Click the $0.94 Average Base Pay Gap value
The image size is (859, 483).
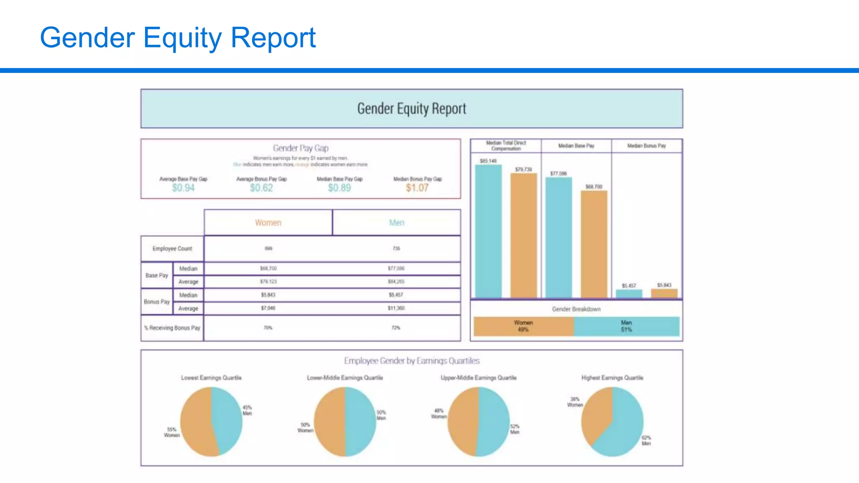[183, 188]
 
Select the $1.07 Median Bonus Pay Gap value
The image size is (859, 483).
[417, 188]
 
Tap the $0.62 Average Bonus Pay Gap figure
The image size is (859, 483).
[261, 188]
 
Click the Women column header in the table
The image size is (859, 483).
[268, 223]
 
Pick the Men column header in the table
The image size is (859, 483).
[396, 223]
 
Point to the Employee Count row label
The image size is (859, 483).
[172, 249]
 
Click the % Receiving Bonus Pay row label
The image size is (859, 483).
[172, 328]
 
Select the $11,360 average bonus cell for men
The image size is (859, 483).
[396, 308]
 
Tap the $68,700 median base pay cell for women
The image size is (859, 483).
[268, 268]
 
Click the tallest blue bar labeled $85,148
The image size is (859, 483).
[488, 231]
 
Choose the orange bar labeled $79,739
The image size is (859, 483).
[523, 235]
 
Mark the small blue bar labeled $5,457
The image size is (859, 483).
[629, 293]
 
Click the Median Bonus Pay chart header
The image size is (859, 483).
[646, 146]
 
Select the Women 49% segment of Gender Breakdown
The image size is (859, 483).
[523, 326]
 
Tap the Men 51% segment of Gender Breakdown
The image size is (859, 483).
[626, 326]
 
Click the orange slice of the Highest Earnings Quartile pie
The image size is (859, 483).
[596, 415]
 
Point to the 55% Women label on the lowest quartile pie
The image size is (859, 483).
[172, 432]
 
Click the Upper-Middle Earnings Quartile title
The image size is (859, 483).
[479, 378]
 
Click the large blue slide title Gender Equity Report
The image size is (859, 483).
[177, 38]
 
